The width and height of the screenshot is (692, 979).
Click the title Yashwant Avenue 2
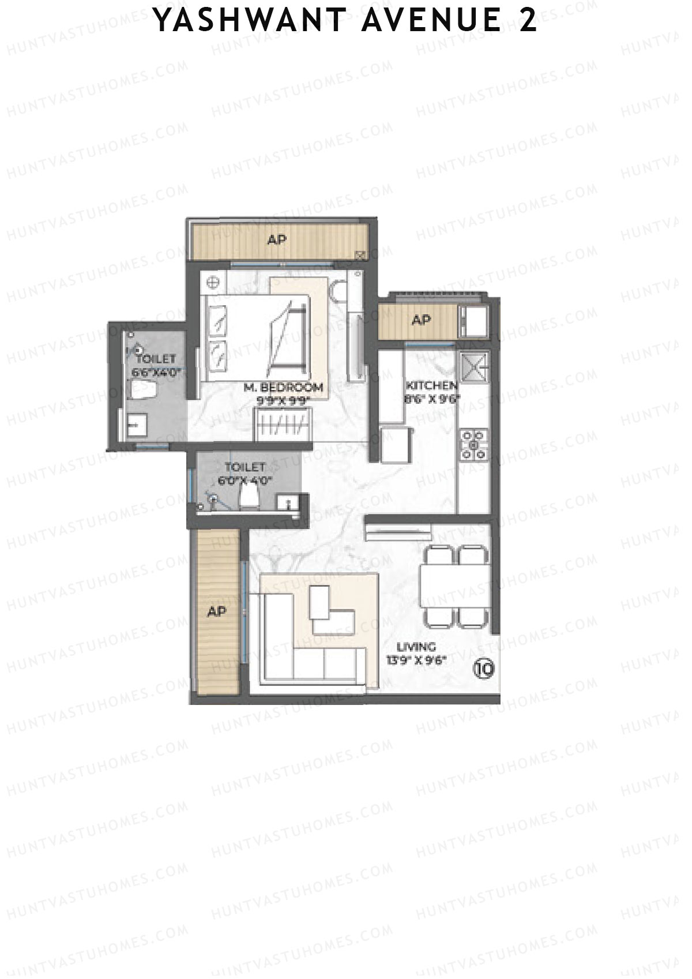pyautogui.click(x=346, y=21)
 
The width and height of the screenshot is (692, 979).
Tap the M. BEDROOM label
pyautogui.click(x=283, y=387)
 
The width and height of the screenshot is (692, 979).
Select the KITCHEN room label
pyautogui.click(x=432, y=385)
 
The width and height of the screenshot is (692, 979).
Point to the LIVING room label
pyautogui.click(x=416, y=647)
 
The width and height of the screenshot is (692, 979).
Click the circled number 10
pyautogui.click(x=484, y=669)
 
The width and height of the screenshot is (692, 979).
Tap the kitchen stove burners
pyautogui.click(x=473, y=445)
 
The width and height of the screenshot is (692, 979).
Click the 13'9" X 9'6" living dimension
pyautogui.click(x=417, y=661)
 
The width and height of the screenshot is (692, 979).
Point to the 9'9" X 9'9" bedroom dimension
pyautogui.click(x=283, y=399)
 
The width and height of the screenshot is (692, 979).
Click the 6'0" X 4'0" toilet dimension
pyautogui.click(x=245, y=480)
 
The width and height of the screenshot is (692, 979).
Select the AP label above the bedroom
pyautogui.click(x=277, y=239)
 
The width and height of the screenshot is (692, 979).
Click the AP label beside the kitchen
pyautogui.click(x=422, y=320)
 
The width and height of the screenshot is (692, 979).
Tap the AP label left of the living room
pyautogui.click(x=216, y=611)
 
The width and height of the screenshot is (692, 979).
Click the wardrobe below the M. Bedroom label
pyautogui.click(x=283, y=424)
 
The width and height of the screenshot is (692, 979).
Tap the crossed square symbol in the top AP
pyautogui.click(x=362, y=254)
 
